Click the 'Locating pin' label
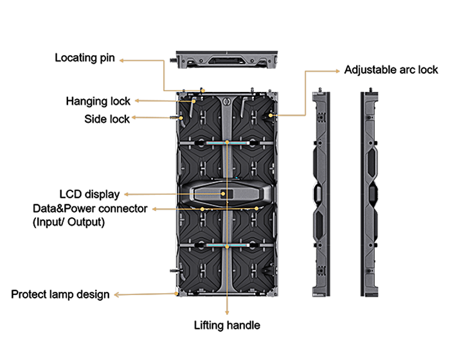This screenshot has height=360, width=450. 84,58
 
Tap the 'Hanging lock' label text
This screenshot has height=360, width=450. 98,101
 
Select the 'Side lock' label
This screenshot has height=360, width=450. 107,119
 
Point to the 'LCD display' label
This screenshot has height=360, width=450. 89,194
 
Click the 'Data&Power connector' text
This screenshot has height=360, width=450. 91,210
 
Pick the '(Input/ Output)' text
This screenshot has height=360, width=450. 69,222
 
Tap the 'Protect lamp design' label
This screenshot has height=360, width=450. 60,294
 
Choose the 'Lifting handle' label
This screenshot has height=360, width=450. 227,325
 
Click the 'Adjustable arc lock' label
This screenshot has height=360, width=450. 391,69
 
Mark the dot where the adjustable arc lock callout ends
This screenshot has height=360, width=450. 271,116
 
